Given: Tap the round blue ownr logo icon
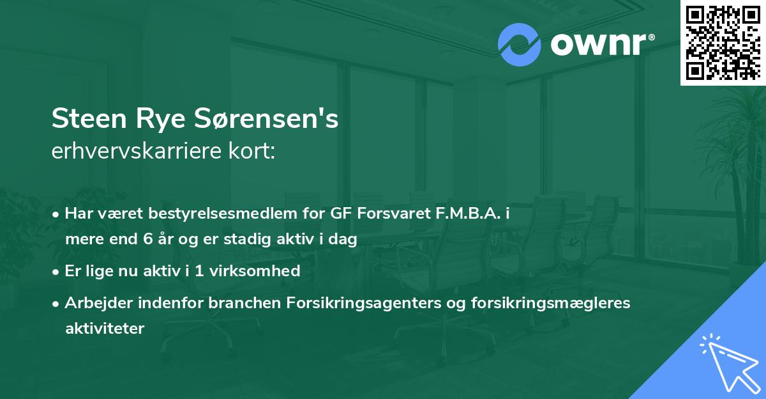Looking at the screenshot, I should (520, 44).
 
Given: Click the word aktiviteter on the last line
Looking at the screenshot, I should (105, 328).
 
